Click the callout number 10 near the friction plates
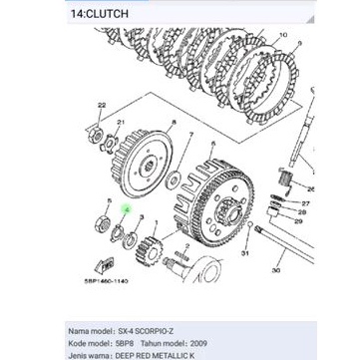click(286, 35)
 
